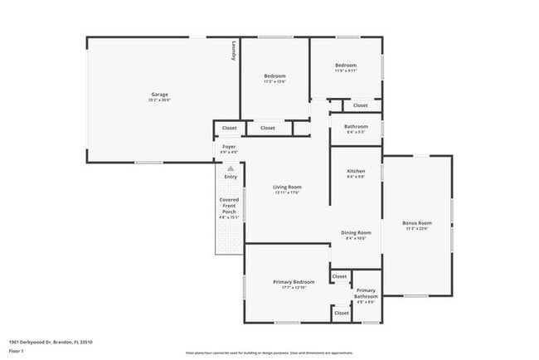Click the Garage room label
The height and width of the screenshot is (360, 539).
pos(159,96)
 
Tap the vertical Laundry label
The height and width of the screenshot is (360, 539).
pos(234,51)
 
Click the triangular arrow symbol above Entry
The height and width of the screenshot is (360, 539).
pos(231,168)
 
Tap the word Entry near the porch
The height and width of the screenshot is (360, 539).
pos(231,177)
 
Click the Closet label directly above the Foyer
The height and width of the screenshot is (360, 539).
pos(229,129)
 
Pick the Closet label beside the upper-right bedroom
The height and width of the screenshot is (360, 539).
pos(360,106)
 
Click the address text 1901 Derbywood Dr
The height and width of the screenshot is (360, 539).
pos(51,342)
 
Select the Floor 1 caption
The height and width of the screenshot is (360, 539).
pos(17,352)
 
